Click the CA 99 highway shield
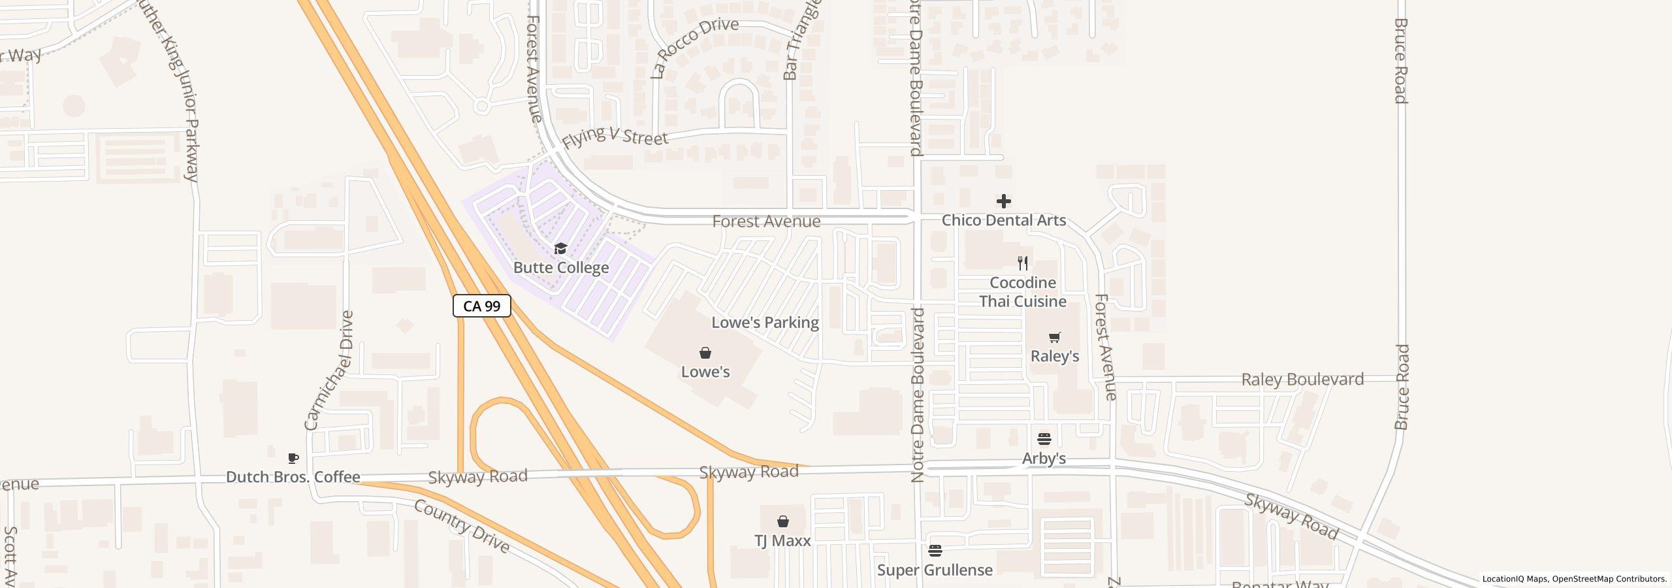[481, 306]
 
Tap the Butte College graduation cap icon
[560, 248]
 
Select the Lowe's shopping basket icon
[705, 353]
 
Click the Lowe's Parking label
[765, 322]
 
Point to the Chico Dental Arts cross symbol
[1004, 201]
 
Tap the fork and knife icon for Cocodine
[1023, 263]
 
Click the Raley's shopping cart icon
[1054, 338]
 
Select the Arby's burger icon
[1044, 439]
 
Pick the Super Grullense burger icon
[935, 551]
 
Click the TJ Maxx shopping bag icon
[782, 521]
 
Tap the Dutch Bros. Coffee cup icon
[293, 458]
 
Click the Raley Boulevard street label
[1302, 380]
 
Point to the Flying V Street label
[615, 136]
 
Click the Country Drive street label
[461, 525]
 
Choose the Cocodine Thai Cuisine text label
[1023, 292]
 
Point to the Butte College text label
[561, 267]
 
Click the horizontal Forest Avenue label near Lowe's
[766, 221]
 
